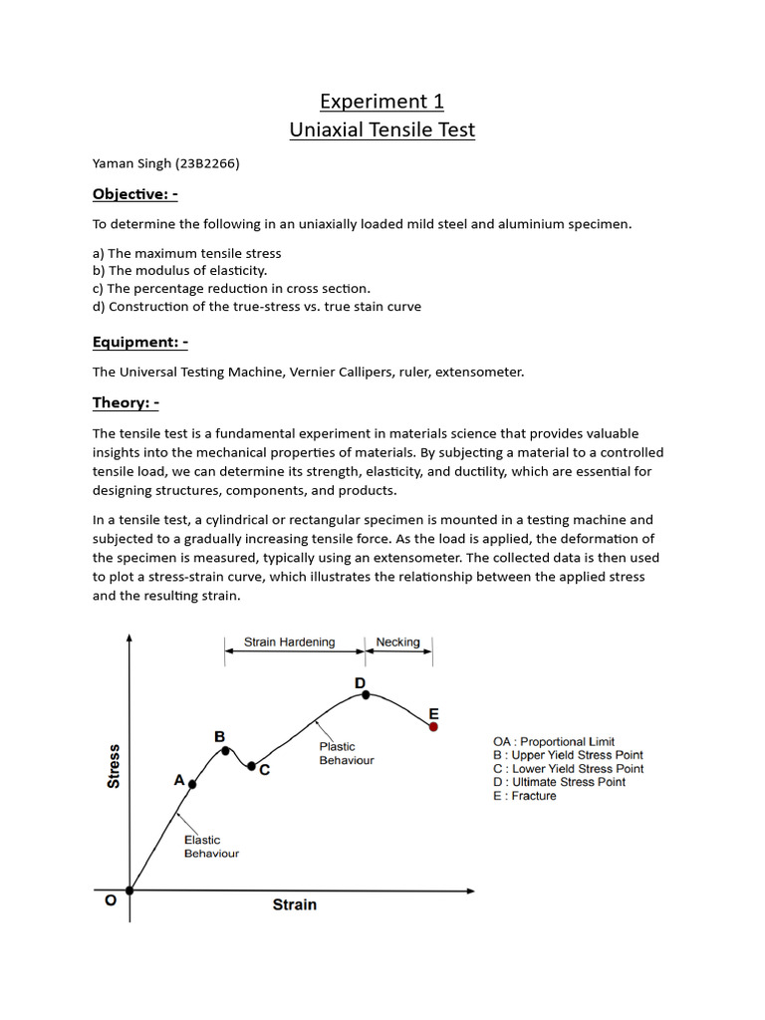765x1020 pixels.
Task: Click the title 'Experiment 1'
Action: [x=382, y=102]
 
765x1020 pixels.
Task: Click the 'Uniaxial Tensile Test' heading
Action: [x=382, y=129]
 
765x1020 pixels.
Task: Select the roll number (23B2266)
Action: [x=205, y=163]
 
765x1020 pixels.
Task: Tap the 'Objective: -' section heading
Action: [x=135, y=193]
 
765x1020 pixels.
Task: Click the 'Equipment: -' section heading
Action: [x=140, y=342]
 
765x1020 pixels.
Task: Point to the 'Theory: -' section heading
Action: [x=126, y=402]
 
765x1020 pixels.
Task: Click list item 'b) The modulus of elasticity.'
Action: [x=180, y=270]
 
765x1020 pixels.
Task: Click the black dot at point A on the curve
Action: [x=192, y=785]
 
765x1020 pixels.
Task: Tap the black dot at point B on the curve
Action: [x=226, y=751]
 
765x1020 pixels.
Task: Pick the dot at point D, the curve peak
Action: [x=366, y=695]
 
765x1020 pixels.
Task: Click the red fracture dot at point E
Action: [x=433, y=727]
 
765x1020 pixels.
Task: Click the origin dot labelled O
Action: [x=129, y=891]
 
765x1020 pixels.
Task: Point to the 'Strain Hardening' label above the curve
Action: [x=290, y=642]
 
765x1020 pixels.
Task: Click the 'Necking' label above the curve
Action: [x=397, y=642]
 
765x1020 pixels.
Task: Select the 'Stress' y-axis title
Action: [x=114, y=766]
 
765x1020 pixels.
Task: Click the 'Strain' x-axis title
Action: [x=295, y=904]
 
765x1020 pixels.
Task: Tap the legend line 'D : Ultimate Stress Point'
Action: [x=559, y=782]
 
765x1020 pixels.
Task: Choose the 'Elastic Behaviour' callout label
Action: [x=211, y=847]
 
